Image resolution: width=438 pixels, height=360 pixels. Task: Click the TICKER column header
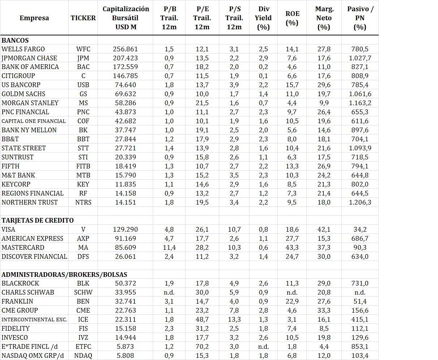(x=83, y=18)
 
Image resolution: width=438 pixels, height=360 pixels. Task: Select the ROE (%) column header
(x=292, y=18)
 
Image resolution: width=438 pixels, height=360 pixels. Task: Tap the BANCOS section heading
(x=15, y=40)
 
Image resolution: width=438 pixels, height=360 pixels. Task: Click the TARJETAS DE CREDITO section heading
(x=38, y=220)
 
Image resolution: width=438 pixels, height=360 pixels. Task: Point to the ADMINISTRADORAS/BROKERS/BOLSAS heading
(x=64, y=275)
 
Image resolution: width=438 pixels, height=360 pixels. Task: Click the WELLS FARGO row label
(x=23, y=49)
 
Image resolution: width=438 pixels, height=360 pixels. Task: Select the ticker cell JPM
(x=83, y=58)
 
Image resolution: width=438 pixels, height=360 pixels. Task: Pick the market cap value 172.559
(x=125, y=67)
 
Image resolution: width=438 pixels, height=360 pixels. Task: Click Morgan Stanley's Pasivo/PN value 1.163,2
(x=360, y=103)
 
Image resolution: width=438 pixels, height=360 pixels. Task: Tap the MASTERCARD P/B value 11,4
(x=169, y=248)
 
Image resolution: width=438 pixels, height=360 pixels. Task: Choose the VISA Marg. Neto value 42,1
(x=323, y=230)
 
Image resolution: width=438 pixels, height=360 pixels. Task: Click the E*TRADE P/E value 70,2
(x=202, y=347)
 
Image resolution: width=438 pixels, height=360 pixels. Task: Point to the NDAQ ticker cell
(x=83, y=356)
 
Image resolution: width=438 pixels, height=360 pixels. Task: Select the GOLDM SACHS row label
(x=23, y=94)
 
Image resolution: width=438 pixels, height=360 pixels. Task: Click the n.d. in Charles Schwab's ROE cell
(x=292, y=292)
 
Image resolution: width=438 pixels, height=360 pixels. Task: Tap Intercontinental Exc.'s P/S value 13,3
(x=234, y=320)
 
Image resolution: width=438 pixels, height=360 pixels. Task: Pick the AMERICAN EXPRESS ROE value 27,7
(x=292, y=239)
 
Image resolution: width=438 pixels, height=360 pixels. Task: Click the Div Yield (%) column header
(x=263, y=18)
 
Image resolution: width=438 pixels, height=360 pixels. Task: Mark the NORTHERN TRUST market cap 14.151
(x=125, y=202)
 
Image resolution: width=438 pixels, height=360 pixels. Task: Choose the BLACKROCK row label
(x=20, y=283)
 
